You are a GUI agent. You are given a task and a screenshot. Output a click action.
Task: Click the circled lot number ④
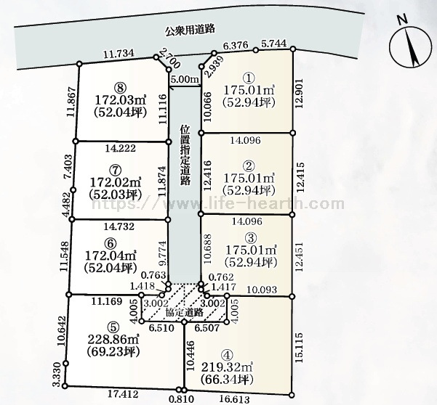(x=228, y=353)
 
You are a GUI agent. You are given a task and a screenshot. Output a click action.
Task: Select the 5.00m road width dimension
(x=184, y=79)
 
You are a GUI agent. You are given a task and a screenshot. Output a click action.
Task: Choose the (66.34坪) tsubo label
(x=228, y=380)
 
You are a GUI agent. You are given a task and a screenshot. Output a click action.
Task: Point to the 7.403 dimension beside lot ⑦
(x=67, y=167)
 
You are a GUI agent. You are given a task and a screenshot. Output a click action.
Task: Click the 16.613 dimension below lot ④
(x=237, y=398)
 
